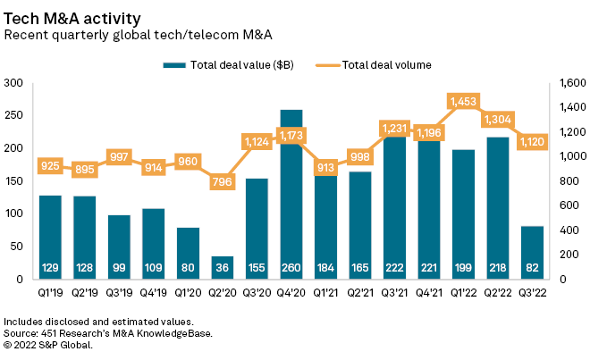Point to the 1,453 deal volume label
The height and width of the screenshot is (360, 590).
click(x=462, y=102)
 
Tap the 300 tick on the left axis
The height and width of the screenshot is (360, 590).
click(x=13, y=83)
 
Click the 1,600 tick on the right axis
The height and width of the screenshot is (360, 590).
click(x=569, y=83)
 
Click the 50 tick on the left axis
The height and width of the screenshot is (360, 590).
click(x=17, y=247)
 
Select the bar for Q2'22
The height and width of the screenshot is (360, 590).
click(x=497, y=205)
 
